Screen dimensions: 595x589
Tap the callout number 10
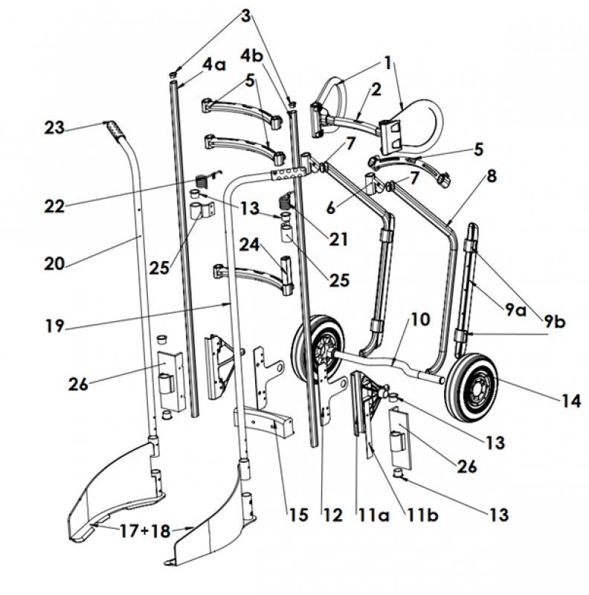[420, 320]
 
